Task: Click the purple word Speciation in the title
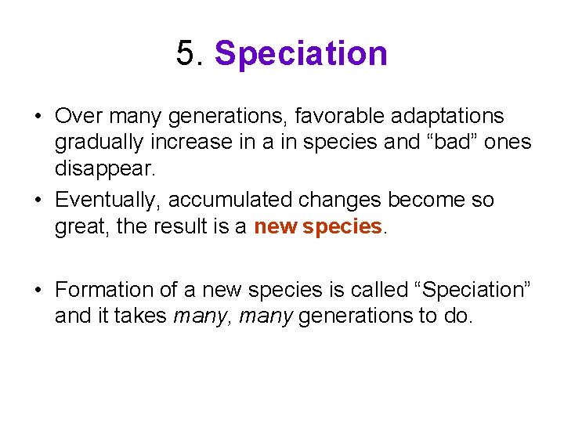click(301, 54)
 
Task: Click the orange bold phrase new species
click(317, 227)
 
